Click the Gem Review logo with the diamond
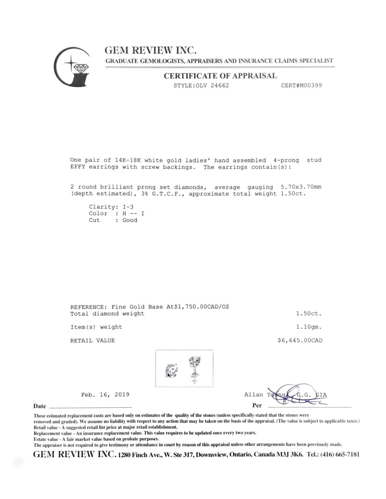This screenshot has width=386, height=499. click(x=72, y=67)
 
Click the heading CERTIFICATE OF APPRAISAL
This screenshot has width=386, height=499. click(x=220, y=76)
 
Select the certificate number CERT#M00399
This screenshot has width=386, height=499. click(x=301, y=85)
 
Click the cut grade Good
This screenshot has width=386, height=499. click(x=130, y=220)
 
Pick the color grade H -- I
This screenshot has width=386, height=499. click(x=133, y=214)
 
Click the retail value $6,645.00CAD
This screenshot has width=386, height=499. click(x=300, y=341)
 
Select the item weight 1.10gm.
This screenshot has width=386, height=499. click(x=309, y=327)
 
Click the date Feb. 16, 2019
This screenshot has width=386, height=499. click(x=105, y=395)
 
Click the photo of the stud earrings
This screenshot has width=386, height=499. click(x=184, y=368)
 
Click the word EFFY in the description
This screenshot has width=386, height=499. click(x=78, y=167)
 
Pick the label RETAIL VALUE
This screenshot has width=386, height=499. click(x=92, y=341)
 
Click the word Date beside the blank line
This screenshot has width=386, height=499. click(x=40, y=406)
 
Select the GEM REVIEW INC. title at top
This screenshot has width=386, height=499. click(x=150, y=50)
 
